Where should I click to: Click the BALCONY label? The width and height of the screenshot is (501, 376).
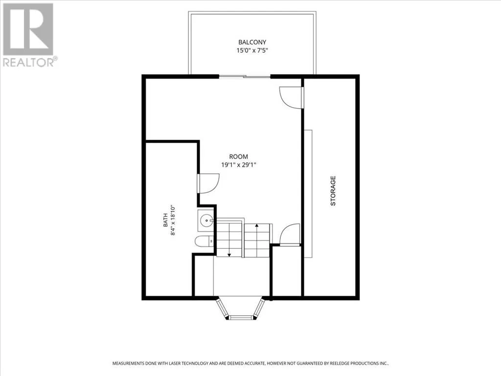(x=252, y=42)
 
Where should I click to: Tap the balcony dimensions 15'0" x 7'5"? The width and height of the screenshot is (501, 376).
(x=252, y=50)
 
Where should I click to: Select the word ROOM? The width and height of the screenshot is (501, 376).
(x=238, y=157)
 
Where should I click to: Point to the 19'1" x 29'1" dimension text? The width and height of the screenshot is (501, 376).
(x=239, y=165)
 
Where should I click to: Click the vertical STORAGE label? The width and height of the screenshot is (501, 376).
(x=333, y=191)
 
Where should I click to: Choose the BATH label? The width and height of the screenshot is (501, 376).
(x=165, y=220)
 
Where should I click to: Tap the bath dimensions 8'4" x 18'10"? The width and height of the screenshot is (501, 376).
(x=173, y=220)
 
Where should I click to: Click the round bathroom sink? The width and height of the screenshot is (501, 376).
(x=206, y=220)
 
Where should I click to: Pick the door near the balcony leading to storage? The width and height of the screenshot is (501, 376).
(x=290, y=97)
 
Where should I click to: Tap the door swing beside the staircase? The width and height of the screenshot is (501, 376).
(x=290, y=235)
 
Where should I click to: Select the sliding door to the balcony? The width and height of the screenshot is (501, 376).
(x=245, y=77)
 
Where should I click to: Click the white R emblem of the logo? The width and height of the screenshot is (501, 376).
(x=28, y=29)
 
